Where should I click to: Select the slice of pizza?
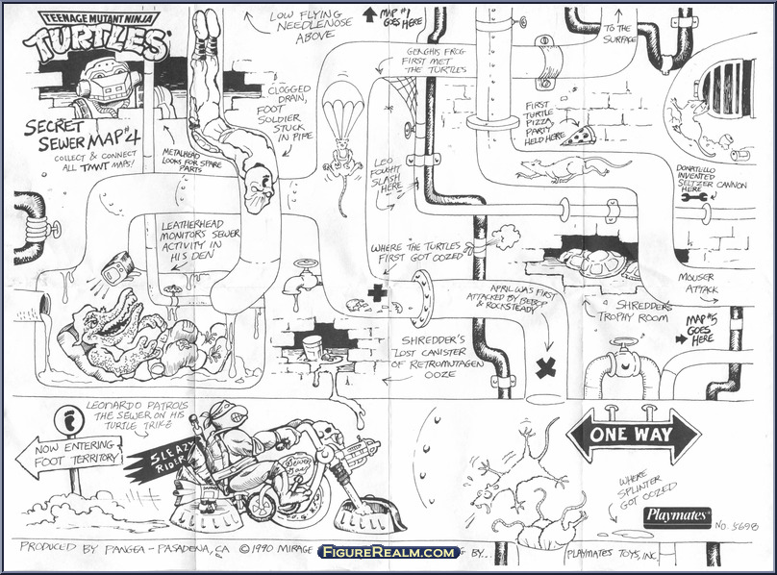(x=577, y=137)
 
